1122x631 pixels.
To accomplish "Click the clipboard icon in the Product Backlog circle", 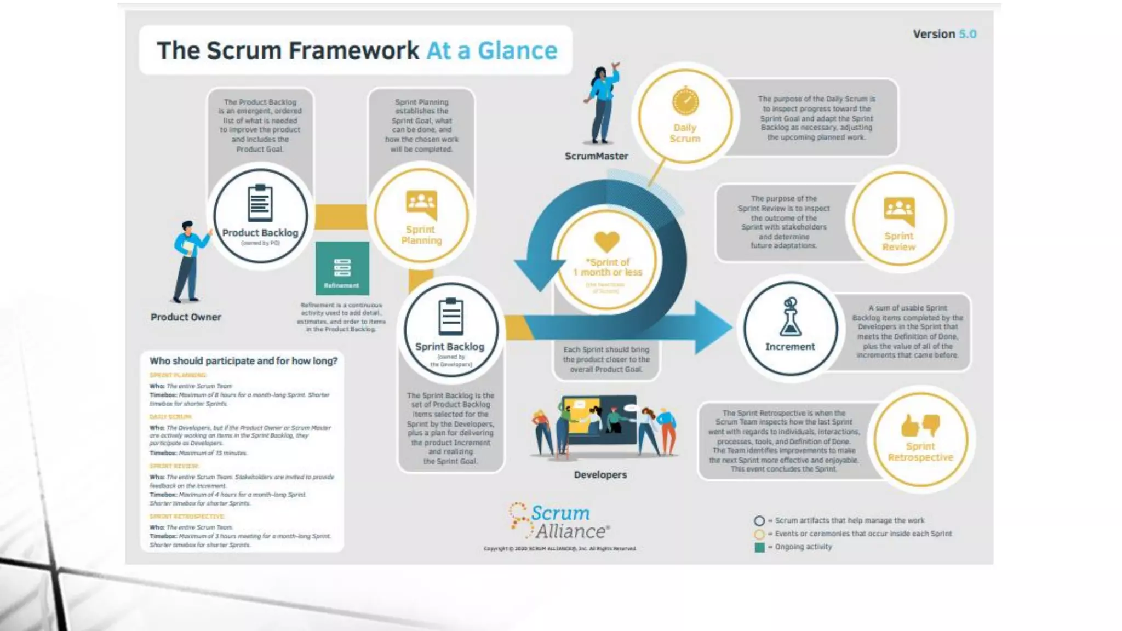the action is click(x=260, y=203).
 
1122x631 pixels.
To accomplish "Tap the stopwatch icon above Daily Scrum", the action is click(x=685, y=101).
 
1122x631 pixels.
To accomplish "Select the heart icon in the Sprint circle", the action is click(x=607, y=242).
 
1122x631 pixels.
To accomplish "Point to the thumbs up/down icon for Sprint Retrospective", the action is click(x=920, y=425).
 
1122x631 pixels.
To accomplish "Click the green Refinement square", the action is click(x=342, y=268).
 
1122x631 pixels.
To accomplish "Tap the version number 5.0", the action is click(x=968, y=34).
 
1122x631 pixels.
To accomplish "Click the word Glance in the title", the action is click(x=517, y=50).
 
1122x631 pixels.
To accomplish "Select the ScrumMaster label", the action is click(x=596, y=156).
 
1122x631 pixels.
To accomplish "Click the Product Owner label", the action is click(x=186, y=317).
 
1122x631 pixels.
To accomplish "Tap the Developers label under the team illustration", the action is click(x=600, y=475).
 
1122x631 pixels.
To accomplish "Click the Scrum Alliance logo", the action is click(x=559, y=521).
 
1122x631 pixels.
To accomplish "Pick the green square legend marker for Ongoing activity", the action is click(x=759, y=547).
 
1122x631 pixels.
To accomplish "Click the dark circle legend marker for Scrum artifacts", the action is click(x=759, y=521).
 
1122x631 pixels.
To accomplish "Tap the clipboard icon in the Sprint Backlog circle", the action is click(x=451, y=316).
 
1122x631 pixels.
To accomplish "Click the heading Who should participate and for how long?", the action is click(x=243, y=361).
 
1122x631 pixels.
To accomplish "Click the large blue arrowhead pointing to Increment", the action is click(x=712, y=327).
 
